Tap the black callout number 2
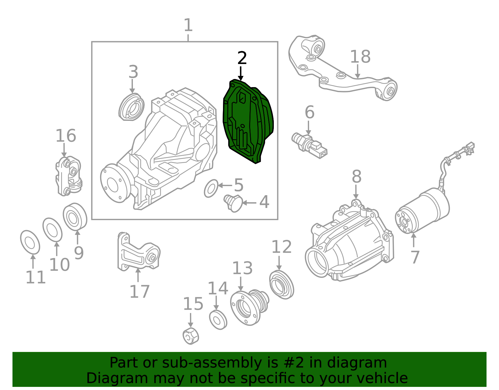point(242,58)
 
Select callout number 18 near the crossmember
point(360,57)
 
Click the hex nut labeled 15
point(191,336)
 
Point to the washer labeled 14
point(218,320)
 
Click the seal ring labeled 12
point(281,285)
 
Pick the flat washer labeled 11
point(30,242)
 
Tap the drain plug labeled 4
point(233,203)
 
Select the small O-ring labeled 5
point(211,189)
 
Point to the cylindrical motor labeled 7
point(423,211)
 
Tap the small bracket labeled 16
point(69,176)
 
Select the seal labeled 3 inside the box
point(132,107)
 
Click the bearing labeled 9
point(75,217)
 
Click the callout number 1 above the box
point(188,25)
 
